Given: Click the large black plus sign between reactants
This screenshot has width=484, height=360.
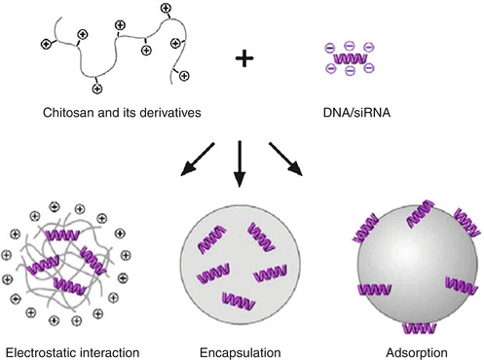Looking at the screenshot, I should [243, 58].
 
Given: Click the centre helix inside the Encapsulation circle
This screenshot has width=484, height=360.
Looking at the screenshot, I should [240, 264].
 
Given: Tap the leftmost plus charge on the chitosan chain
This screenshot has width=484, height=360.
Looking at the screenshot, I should [46, 44].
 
